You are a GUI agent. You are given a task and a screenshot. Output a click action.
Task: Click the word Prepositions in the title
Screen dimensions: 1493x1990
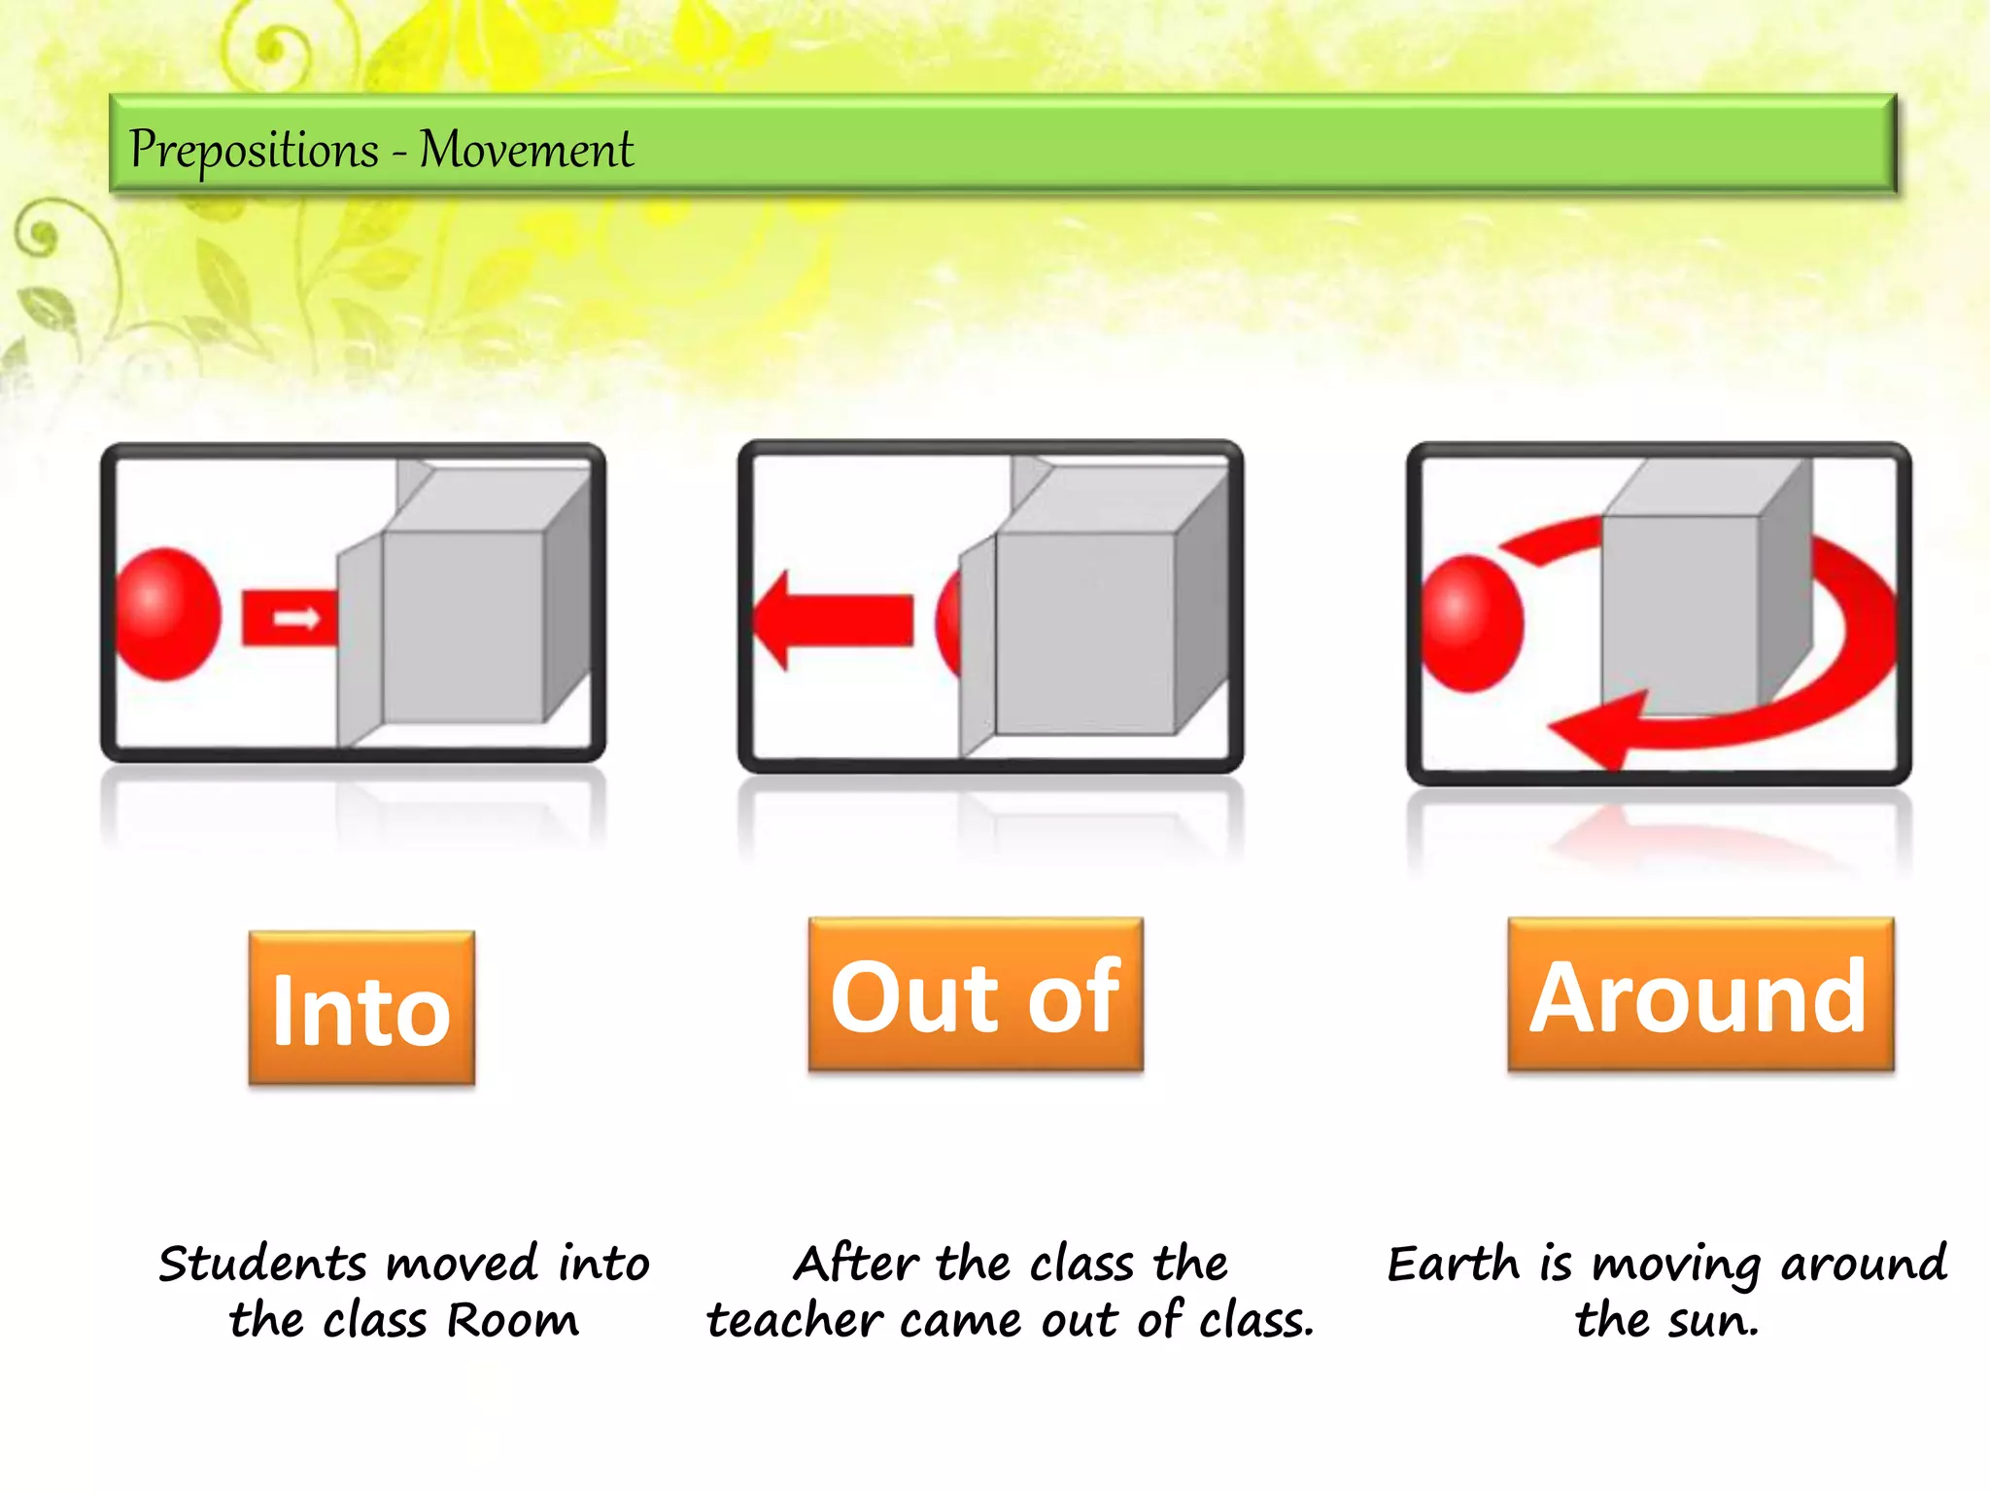click(254, 151)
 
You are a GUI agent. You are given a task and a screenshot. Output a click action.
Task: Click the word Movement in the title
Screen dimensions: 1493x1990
click(526, 151)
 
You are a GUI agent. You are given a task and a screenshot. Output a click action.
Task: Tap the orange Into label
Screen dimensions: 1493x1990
click(361, 1008)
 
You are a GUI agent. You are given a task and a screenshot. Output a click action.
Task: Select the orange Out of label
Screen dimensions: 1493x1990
click(976, 995)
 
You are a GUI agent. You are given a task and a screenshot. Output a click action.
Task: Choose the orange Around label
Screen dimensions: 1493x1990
click(1699, 995)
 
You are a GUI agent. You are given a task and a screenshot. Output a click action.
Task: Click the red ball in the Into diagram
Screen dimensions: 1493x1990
click(167, 613)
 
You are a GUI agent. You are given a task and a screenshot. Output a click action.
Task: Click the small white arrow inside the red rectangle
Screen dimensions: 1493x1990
click(296, 618)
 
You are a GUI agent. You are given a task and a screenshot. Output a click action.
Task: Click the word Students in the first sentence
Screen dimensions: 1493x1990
click(263, 1264)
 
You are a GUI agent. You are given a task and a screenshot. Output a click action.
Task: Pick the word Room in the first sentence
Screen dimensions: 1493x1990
click(512, 1321)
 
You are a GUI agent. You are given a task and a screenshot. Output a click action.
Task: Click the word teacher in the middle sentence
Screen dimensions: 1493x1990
click(794, 1321)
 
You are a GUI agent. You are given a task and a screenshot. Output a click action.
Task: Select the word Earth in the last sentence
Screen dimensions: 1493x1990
click(1452, 1264)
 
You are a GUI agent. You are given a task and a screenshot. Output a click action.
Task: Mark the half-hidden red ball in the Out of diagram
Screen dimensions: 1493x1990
click(948, 623)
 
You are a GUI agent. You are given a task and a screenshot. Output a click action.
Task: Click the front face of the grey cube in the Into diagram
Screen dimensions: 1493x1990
click(463, 627)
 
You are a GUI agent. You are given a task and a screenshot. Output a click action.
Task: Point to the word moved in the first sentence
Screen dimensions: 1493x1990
click(462, 1264)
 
